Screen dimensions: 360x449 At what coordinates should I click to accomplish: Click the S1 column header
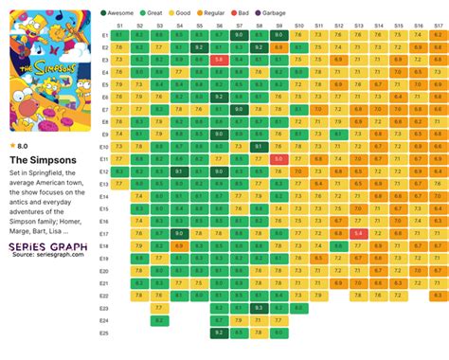click(x=119, y=25)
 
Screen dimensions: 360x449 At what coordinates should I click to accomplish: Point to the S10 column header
click(x=298, y=25)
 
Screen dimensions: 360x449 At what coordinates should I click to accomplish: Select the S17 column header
click(x=438, y=25)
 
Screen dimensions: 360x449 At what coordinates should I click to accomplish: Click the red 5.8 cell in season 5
click(x=219, y=59)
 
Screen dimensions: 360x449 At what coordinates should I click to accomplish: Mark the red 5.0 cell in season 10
click(x=278, y=158)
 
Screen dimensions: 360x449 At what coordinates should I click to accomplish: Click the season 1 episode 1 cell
click(x=119, y=34)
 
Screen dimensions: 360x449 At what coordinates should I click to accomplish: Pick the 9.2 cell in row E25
click(x=219, y=333)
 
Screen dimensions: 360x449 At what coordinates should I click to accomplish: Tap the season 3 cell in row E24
click(x=159, y=320)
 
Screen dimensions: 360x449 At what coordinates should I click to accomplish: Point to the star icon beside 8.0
click(x=12, y=146)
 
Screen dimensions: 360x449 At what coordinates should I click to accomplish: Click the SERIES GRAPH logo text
click(x=47, y=245)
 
